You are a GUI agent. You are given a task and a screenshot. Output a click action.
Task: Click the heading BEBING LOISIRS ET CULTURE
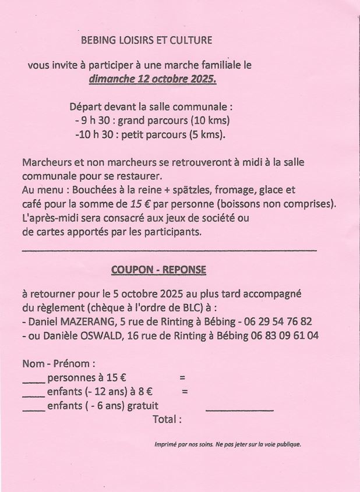pos(146,41)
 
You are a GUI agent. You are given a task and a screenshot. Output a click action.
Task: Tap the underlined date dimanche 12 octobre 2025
pos(153,80)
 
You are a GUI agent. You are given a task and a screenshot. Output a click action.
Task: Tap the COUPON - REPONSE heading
pos(158,270)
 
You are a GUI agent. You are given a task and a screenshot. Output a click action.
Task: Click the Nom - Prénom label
pos(59,363)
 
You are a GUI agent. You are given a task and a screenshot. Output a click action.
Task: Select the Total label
pos(167,419)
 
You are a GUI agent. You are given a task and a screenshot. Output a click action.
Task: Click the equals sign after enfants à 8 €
pos(185,392)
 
